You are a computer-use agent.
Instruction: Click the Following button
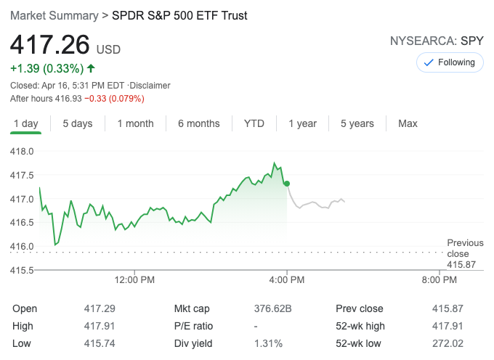[x=449, y=62]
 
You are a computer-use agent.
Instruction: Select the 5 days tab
[x=78, y=123]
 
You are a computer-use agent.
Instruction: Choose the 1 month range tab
[x=136, y=123]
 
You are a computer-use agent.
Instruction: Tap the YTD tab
[x=254, y=123]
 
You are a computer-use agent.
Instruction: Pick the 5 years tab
[x=357, y=123]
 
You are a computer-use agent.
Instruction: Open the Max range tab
[x=408, y=123]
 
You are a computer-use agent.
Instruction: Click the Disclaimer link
[x=150, y=86]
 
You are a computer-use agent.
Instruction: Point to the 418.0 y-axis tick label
[x=21, y=152]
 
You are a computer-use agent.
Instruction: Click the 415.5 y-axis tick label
[x=21, y=270]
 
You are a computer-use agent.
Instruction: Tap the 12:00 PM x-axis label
[x=135, y=279]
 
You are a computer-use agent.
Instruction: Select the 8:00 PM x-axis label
[x=439, y=279]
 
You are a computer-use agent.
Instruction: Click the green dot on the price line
[x=287, y=184]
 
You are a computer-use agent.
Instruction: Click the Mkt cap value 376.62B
[x=273, y=308]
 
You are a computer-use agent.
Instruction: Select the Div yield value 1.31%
[x=269, y=343]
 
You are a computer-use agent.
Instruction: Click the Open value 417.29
[x=100, y=308]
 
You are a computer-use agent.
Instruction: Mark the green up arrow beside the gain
[x=91, y=68]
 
